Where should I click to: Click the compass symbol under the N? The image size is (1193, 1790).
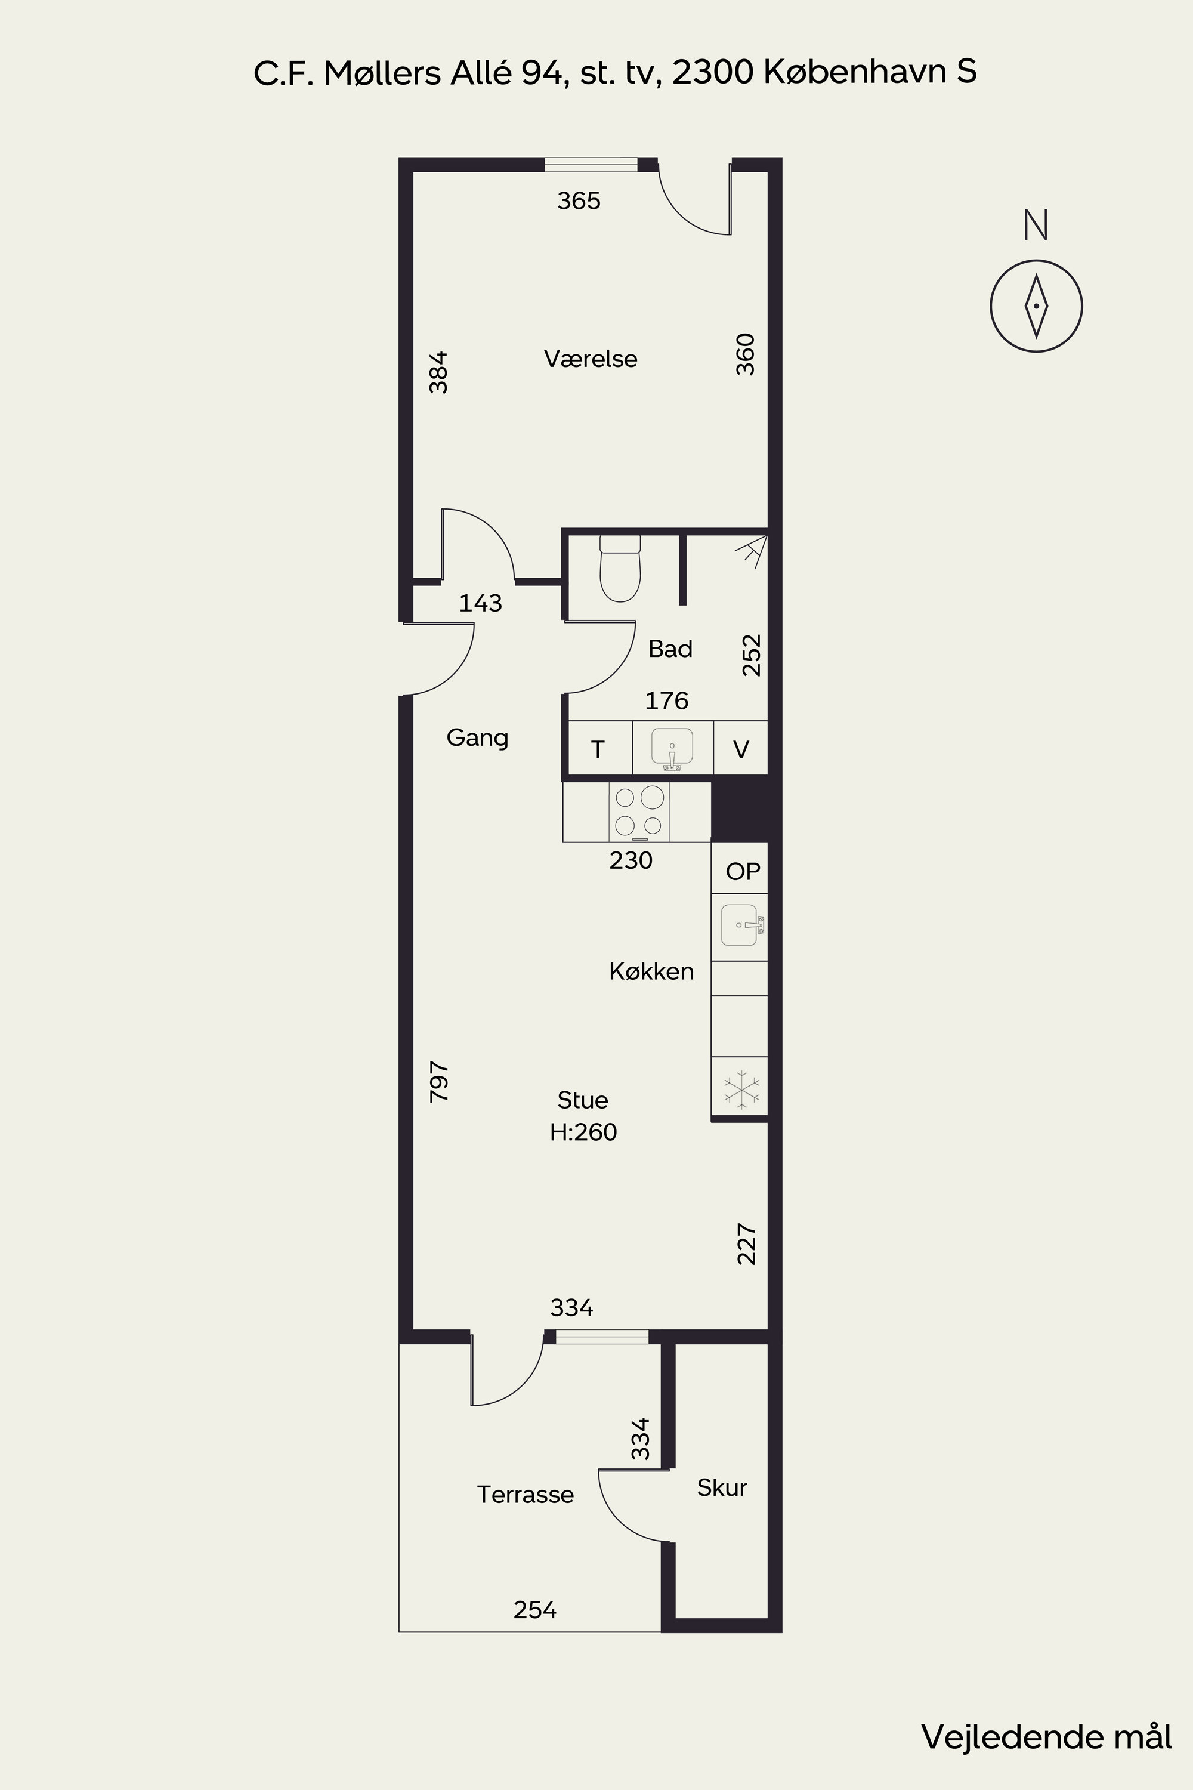(x=1036, y=306)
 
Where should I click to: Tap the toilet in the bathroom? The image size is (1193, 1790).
(x=620, y=568)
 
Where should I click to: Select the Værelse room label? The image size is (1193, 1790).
(x=591, y=359)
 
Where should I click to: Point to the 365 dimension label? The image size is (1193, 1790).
(x=579, y=201)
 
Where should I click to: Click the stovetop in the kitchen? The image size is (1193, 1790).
(x=639, y=812)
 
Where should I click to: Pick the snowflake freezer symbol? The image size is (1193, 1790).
(x=741, y=1088)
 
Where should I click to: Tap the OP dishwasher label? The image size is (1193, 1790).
(x=743, y=871)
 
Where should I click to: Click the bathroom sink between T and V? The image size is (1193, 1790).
(x=673, y=748)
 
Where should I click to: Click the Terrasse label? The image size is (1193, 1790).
(x=525, y=1494)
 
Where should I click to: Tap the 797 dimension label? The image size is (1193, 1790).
(x=440, y=1082)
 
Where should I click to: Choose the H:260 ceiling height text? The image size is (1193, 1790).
(x=583, y=1132)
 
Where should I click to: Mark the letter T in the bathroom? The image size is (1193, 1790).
(x=598, y=749)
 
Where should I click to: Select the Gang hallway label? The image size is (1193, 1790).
(x=477, y=738)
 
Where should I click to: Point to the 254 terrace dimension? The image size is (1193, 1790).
(x=535, y=1610)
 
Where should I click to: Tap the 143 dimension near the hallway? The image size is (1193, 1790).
(x=481, y=603)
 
